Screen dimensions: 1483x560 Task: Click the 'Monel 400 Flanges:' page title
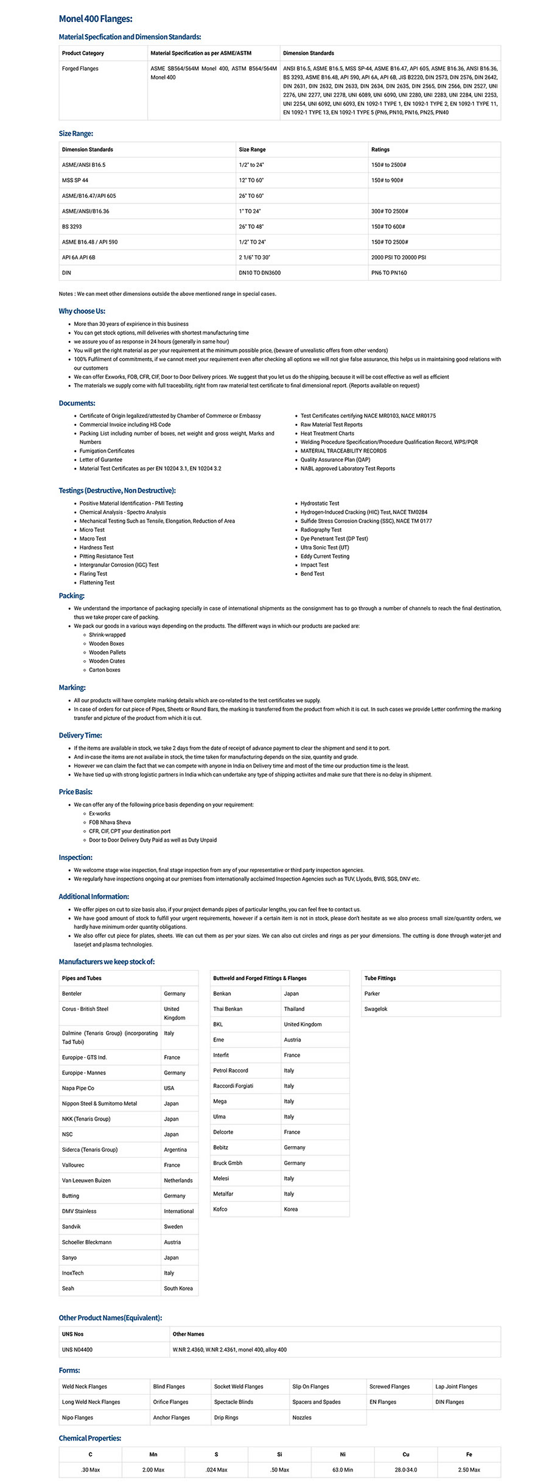(96, 19)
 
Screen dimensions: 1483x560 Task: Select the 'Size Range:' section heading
(75, 133)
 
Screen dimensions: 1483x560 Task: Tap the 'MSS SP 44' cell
(75, 180)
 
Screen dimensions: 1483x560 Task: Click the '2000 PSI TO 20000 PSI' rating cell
(398, 257)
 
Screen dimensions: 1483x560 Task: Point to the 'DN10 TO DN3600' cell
(259, 273)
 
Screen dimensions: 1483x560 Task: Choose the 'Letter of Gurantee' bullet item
(100, 460)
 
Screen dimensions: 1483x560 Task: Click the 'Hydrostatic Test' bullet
(320, 504)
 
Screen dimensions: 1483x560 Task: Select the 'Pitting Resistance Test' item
(106, 556)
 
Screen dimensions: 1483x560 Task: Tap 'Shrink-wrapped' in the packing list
(107, 635)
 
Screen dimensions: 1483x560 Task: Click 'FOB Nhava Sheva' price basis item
(110, 822)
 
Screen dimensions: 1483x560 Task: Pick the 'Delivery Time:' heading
(80, 735)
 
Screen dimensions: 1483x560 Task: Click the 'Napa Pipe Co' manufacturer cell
(78, 1088)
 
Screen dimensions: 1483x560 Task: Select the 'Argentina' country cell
(175, 1149)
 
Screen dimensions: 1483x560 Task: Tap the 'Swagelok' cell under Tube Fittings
(376, 1009)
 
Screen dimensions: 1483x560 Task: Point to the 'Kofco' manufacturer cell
(220, 1209)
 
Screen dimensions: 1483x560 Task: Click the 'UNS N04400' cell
(77, 1350)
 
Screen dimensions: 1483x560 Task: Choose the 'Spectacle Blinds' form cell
(234, 1401)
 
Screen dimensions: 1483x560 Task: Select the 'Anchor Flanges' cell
(171, 1417)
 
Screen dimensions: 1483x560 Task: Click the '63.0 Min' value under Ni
(343, 1470)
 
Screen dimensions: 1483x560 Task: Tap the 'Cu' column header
(406, 1454)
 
